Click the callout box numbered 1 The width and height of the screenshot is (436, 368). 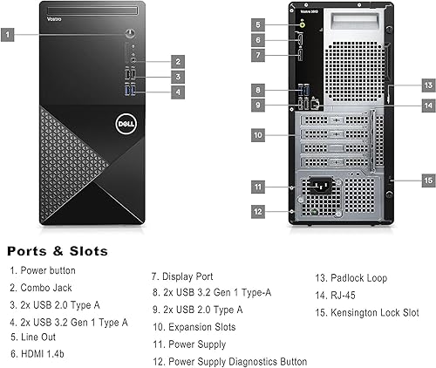[8, 35]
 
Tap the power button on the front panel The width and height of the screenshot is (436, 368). [130, 35]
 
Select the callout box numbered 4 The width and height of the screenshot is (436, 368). [178, 91]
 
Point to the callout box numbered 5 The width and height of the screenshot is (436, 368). [258, 24]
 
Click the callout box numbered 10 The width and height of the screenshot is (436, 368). [258, 135]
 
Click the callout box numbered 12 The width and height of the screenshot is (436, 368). [258, 211]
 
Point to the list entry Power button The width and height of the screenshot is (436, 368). [43, 271]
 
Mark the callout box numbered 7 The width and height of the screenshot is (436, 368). [258, 55]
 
